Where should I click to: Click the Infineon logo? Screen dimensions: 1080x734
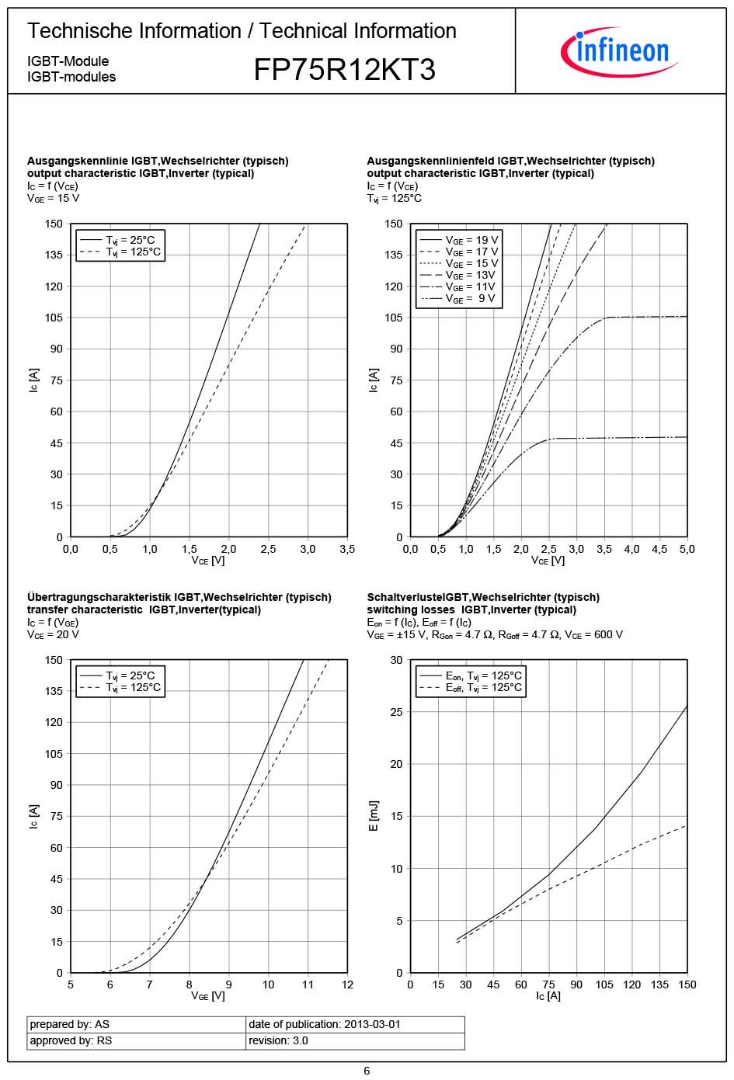click(x=619, y=51)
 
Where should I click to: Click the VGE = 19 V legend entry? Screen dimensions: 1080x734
click(x=459, y=240)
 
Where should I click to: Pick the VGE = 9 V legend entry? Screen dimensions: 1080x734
click(x=459, y=299)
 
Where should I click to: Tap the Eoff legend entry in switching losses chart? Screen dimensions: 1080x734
click(x=471, y=688)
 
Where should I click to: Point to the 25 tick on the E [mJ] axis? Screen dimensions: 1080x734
click(x=397, y=712)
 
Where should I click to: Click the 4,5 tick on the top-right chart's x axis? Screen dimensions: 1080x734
click(x=659, y=549)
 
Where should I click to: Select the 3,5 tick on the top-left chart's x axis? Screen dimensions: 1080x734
click(x=347, y=549)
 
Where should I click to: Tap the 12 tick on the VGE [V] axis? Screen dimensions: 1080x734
click(x=347, y=985)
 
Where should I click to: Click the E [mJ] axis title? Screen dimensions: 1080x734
click(x=374, y=816)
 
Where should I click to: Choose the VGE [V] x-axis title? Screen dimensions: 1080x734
click(x=208, y=996)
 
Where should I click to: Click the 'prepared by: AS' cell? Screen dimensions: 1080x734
click(x=70, y=1024)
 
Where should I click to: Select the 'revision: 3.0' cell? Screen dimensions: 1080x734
click(x=278, y=1040)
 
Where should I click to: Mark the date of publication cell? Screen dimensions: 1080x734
click(x=325, y=1024)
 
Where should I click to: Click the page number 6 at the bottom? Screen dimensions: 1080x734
click(x=367, y=1071)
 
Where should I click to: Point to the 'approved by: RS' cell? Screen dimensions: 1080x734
click(x=71, y=1040)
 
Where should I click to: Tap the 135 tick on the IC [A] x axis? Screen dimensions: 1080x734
click(x=659, y=985)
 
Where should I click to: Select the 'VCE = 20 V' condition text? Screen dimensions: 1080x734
click(x=53, y=634)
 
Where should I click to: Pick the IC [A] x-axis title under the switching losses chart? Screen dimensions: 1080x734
click(x=548, y=996)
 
